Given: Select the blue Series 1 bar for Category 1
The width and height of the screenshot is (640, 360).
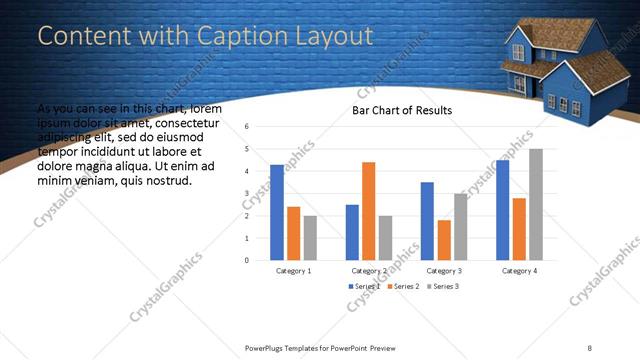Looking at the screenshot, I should pos(277,212).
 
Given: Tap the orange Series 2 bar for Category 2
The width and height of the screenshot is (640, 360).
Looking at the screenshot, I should pos(368,211).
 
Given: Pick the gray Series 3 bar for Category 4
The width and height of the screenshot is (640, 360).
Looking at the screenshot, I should pos(536,204).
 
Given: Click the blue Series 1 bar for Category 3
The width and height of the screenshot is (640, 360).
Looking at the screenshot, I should pos(427,221).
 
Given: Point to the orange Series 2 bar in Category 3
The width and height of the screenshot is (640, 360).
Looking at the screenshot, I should pos(444,240).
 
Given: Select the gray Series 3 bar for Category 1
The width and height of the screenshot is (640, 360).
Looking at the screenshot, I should pos(310,238).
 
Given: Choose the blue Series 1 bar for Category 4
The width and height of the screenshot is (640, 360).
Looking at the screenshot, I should pos(502,210).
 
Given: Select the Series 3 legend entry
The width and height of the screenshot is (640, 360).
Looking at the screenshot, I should pos(444,287).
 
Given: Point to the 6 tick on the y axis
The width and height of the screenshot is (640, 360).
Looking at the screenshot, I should pos(246,127).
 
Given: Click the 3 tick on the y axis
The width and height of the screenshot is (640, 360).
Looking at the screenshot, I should pos(246,193).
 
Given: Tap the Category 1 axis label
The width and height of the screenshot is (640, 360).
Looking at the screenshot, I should pos(294,270).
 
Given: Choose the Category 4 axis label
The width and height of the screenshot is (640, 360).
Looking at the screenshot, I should pos(519,270).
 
